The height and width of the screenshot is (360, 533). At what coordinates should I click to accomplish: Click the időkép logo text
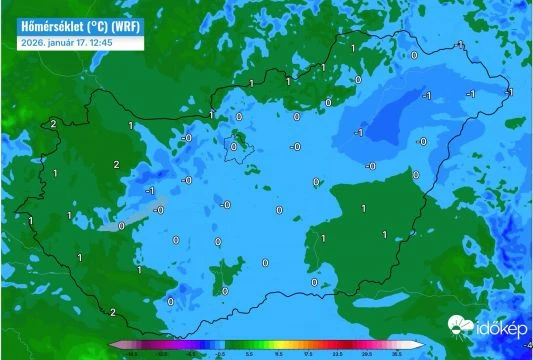[x=498, y=327]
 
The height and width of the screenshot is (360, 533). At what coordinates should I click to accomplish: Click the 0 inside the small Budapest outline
[x=234, y=146]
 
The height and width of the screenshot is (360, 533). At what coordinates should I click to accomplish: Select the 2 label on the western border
[x=53, y=124]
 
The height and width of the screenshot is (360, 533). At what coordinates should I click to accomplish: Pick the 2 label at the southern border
[x=113, y=313]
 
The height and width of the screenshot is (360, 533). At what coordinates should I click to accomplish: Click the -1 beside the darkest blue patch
[x=360, y=131]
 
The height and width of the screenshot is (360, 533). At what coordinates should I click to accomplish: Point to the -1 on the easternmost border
[x=509, y=92]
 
